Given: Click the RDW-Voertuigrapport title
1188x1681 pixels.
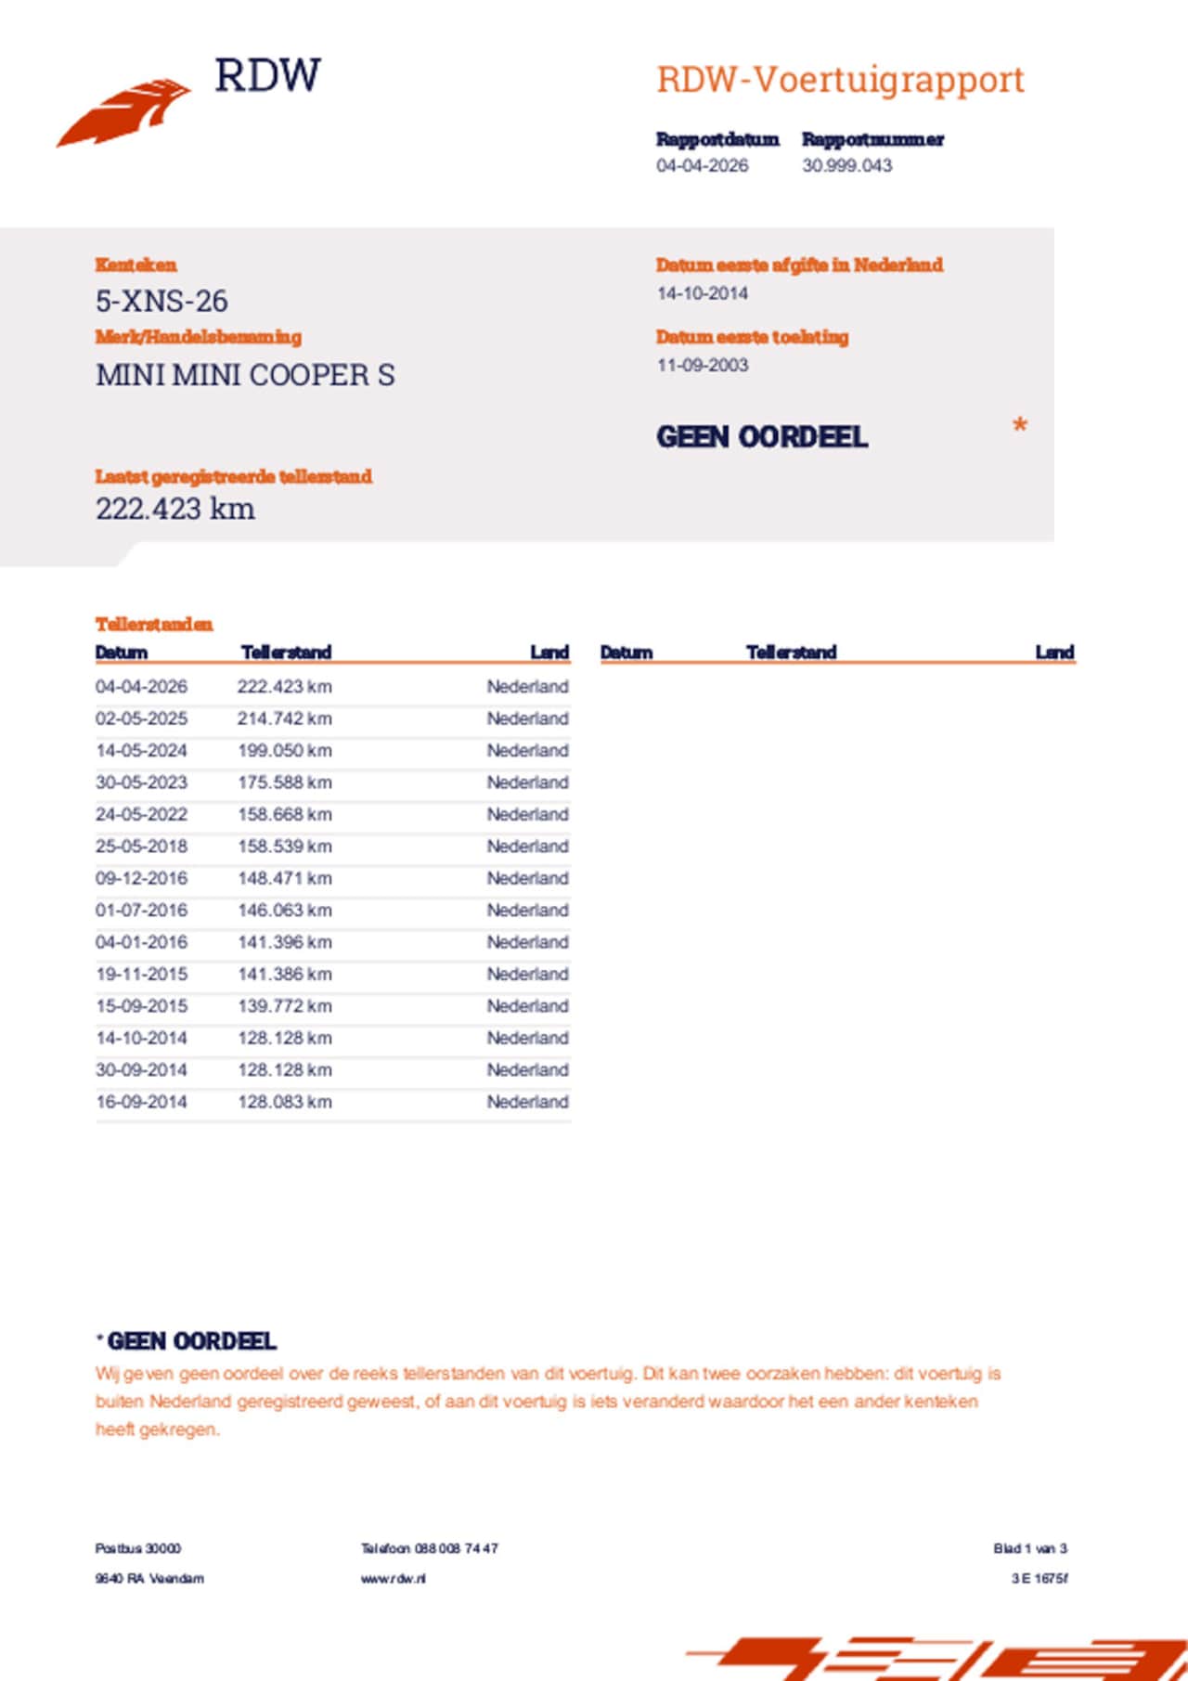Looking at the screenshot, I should click(x=840, y=80).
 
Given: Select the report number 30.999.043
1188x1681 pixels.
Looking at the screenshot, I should click(x=846, y=165).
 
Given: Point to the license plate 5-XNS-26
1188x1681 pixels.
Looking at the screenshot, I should click(x=161, y=301).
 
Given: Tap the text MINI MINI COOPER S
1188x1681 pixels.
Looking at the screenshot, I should click(x=245, y=375).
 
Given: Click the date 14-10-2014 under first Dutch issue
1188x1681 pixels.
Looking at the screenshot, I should click(x=702, y=293).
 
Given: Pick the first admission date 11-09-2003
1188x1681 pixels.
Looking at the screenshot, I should click(x=702, y=365).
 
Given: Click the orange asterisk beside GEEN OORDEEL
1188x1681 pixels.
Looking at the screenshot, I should click(x=1019, y=426).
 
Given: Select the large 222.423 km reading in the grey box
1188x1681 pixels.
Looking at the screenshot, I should click(x=174, y=509).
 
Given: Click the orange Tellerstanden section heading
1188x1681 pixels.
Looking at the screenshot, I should click(x=154, y=624).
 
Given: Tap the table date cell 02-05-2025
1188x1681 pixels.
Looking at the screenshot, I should click(x=141, y=718).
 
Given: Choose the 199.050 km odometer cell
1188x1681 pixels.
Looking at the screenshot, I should click(x=284, y=750).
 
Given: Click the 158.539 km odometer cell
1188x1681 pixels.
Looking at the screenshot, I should click(x=284, y=846).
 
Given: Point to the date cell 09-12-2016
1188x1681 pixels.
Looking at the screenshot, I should click(x=141, y=878).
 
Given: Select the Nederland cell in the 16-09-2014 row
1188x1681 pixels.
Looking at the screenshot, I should click(x=527, y=1102).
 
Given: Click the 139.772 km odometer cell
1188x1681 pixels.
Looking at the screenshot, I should click(x=284, y=1005).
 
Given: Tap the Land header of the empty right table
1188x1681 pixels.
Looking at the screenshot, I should click(x=1054, y=653).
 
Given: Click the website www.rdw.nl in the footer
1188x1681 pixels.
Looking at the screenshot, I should click(x=394, y=1578).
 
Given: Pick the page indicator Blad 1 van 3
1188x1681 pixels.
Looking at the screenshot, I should click(x=1029, y=1548).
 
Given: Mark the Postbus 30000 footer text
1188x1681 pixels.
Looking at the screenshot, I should click(x=138, y=1548).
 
